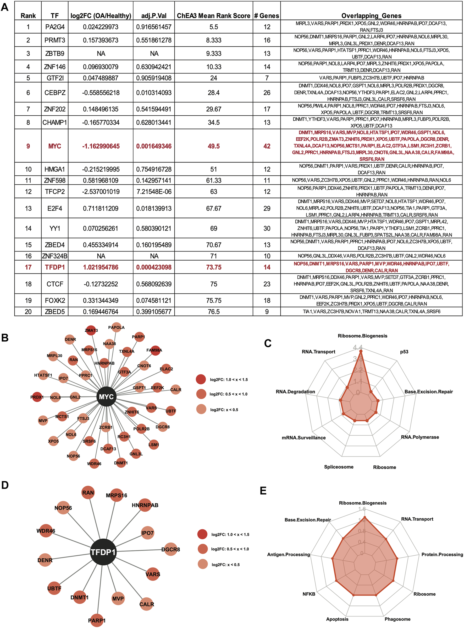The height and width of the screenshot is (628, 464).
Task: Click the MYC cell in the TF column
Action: (54, 146)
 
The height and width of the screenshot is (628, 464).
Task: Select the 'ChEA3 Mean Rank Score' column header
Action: (213, 16)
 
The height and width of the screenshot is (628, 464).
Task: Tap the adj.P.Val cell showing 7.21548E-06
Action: (154, 191)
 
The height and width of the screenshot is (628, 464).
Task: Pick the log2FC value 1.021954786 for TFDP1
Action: (101, 267)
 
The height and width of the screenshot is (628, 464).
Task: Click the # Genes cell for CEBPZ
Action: (267, 93)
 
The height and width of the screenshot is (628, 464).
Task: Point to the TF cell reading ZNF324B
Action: (54, 256)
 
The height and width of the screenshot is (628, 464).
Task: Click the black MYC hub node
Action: (106, 396)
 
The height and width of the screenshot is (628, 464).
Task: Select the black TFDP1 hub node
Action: (103, 552)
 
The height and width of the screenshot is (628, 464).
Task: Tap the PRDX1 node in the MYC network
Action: (37, 397)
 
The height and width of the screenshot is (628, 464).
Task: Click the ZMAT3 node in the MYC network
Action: (91, 330)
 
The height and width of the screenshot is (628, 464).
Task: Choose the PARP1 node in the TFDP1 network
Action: (97, 620)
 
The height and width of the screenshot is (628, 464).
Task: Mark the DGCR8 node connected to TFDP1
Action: (170, 549)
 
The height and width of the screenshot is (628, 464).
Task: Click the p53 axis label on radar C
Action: (404, 352)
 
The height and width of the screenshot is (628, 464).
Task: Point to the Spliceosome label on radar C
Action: (339, 467)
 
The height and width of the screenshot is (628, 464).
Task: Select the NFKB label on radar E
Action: (309, 594)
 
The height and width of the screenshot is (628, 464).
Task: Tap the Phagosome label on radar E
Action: (397, 619)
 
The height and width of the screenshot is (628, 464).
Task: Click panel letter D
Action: (5, 485)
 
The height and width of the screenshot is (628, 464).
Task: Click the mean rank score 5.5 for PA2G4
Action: (213, 27)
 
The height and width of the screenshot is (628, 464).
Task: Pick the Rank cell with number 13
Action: (28, 208)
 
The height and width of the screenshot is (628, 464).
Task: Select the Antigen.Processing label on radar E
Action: (289, 554)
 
